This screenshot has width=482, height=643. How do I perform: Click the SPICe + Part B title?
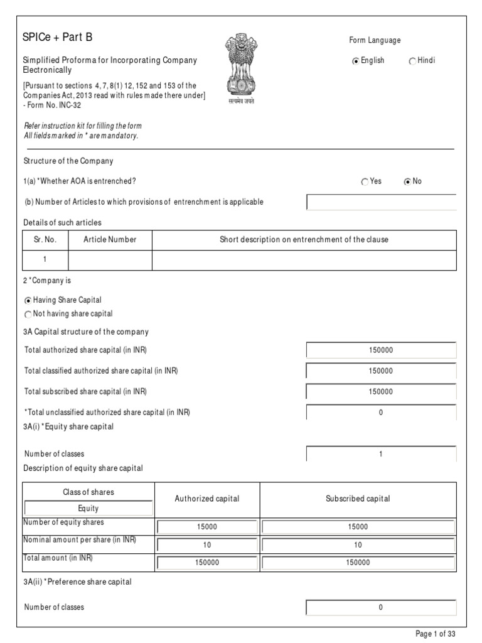57,37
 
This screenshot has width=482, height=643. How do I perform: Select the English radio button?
356,62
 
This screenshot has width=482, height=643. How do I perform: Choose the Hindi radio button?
412,62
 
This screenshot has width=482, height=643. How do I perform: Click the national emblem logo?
241,69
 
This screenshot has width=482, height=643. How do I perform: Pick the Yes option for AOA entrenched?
365,182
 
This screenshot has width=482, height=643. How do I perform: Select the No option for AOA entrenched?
407,182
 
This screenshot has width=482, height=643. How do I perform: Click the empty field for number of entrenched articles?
381,202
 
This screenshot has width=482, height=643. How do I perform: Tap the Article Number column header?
110,240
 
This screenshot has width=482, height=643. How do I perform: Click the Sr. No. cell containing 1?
45,259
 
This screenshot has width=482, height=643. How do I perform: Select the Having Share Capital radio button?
28,301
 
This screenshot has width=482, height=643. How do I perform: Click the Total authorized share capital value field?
381,350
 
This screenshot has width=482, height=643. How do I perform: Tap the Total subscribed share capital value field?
381,392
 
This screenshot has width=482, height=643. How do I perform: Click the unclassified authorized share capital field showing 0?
381,413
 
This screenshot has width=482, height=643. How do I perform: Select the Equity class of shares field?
88,509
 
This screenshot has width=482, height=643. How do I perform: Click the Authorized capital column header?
207,499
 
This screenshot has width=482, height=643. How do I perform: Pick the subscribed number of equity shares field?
358,527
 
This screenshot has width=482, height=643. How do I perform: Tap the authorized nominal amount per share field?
207,545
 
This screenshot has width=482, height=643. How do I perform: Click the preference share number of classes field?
381,608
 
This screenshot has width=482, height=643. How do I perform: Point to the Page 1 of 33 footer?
435,634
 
